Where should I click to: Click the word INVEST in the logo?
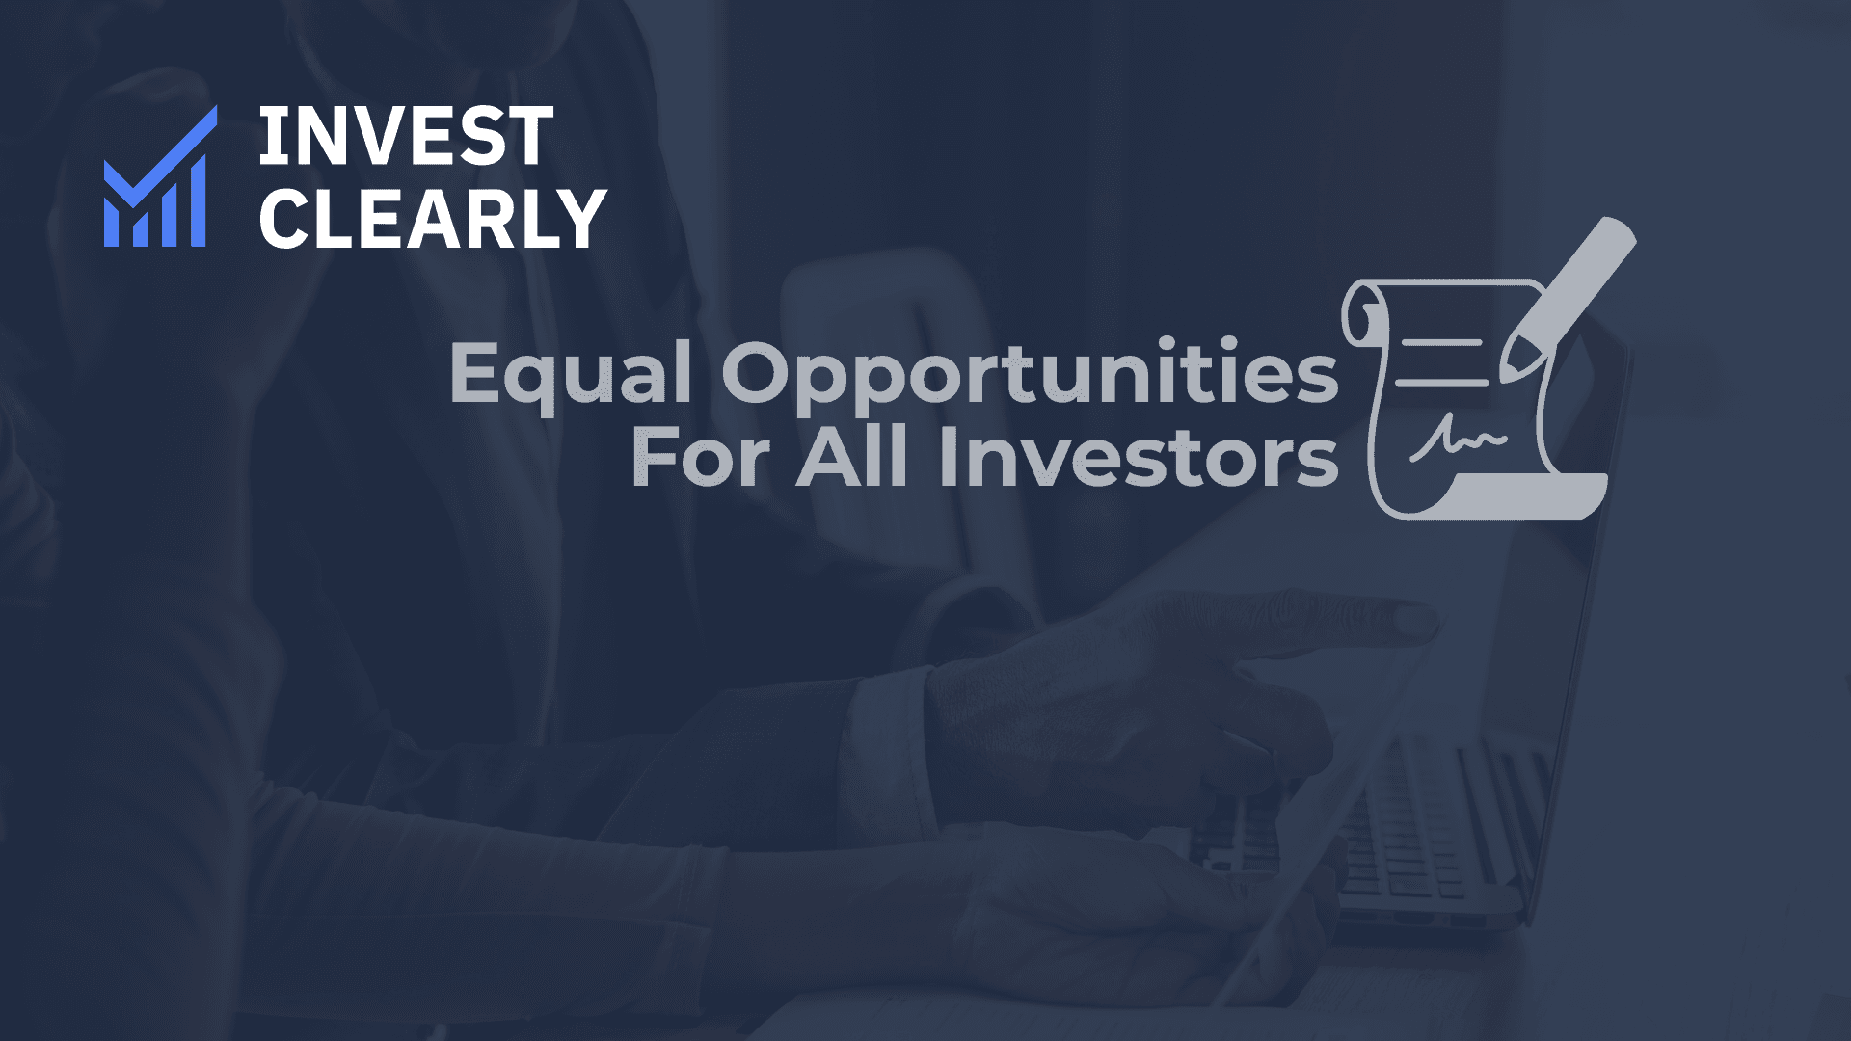405,137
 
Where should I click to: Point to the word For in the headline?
700,459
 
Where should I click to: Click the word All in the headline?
851,457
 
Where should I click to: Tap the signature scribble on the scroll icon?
1458,440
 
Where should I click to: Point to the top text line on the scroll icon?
1441,343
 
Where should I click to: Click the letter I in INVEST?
271,137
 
